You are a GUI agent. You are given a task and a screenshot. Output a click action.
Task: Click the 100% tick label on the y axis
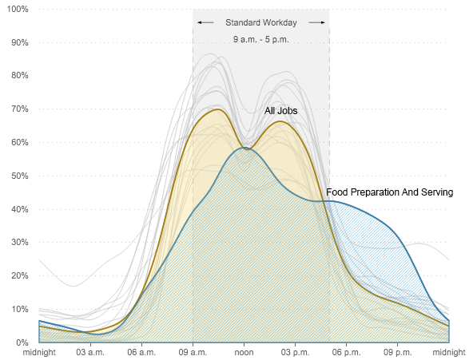tap(18, 9)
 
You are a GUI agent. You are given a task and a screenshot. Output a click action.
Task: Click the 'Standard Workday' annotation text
tap(261, 22)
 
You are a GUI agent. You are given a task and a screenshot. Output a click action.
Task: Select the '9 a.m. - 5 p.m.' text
tap(261, 39)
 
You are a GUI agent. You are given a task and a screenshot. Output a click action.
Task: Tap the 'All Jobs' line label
tap(280, 111)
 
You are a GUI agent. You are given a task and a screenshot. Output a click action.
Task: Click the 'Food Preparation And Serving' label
tap(389, 192)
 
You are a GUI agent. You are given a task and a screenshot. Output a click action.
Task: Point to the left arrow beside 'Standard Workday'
tap(206, 22)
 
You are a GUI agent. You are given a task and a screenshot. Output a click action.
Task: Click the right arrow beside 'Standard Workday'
tap(316, 22)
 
